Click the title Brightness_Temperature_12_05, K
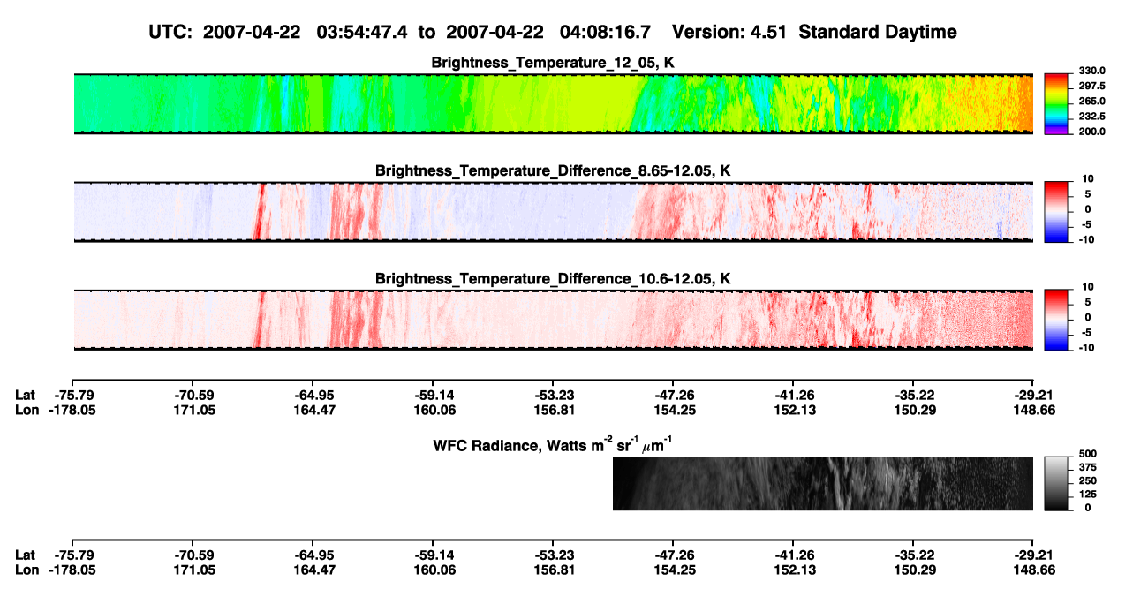click(553, 63)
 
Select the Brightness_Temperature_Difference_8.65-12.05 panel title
click(553, 170)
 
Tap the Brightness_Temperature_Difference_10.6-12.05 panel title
click(553, 279)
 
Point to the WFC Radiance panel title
click(553, 444)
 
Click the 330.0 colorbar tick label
click(1091, 71)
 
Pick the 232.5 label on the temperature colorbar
click(1091, 117)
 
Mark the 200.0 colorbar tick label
click(1091, 132)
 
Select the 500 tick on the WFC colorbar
click(1088, 454)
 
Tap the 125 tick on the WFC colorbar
click(1088, 495)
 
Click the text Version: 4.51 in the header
click(729, 32)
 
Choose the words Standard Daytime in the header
click(878, 32)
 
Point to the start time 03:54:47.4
click(362, 32)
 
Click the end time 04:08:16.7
click(605, 32)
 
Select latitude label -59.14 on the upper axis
click(433, 396)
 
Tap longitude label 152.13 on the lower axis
click(795, 570)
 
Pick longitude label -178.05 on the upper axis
click(72, 410)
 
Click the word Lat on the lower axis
click(25, 555)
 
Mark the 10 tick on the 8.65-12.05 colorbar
click(1088, 179)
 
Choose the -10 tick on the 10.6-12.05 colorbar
click(1085, 348)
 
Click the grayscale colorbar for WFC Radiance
click(1056, 483)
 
